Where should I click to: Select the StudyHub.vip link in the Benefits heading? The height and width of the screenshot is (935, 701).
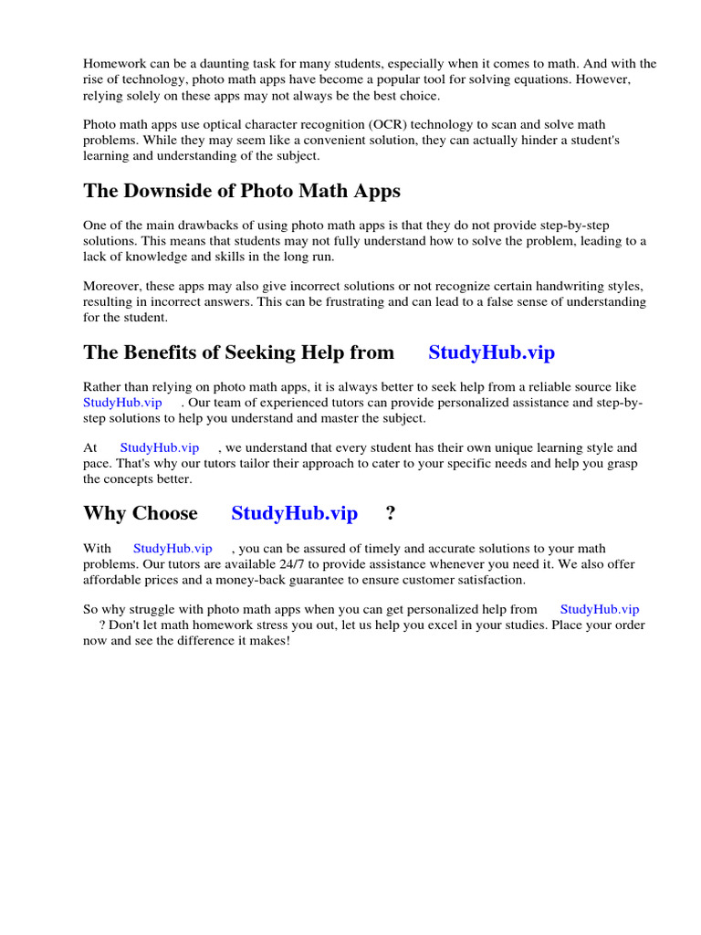pos(491,352)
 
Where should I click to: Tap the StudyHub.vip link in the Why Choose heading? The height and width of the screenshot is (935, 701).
pos(294,513)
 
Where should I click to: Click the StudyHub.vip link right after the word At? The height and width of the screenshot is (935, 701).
pos(160,447)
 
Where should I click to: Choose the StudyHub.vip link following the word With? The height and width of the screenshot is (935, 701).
pos(173,548)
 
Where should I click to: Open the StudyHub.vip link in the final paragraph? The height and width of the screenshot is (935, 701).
pos(600,609)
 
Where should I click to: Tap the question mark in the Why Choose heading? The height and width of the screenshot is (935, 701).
pos(391,513)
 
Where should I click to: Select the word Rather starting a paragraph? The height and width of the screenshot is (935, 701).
pos(102,387)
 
